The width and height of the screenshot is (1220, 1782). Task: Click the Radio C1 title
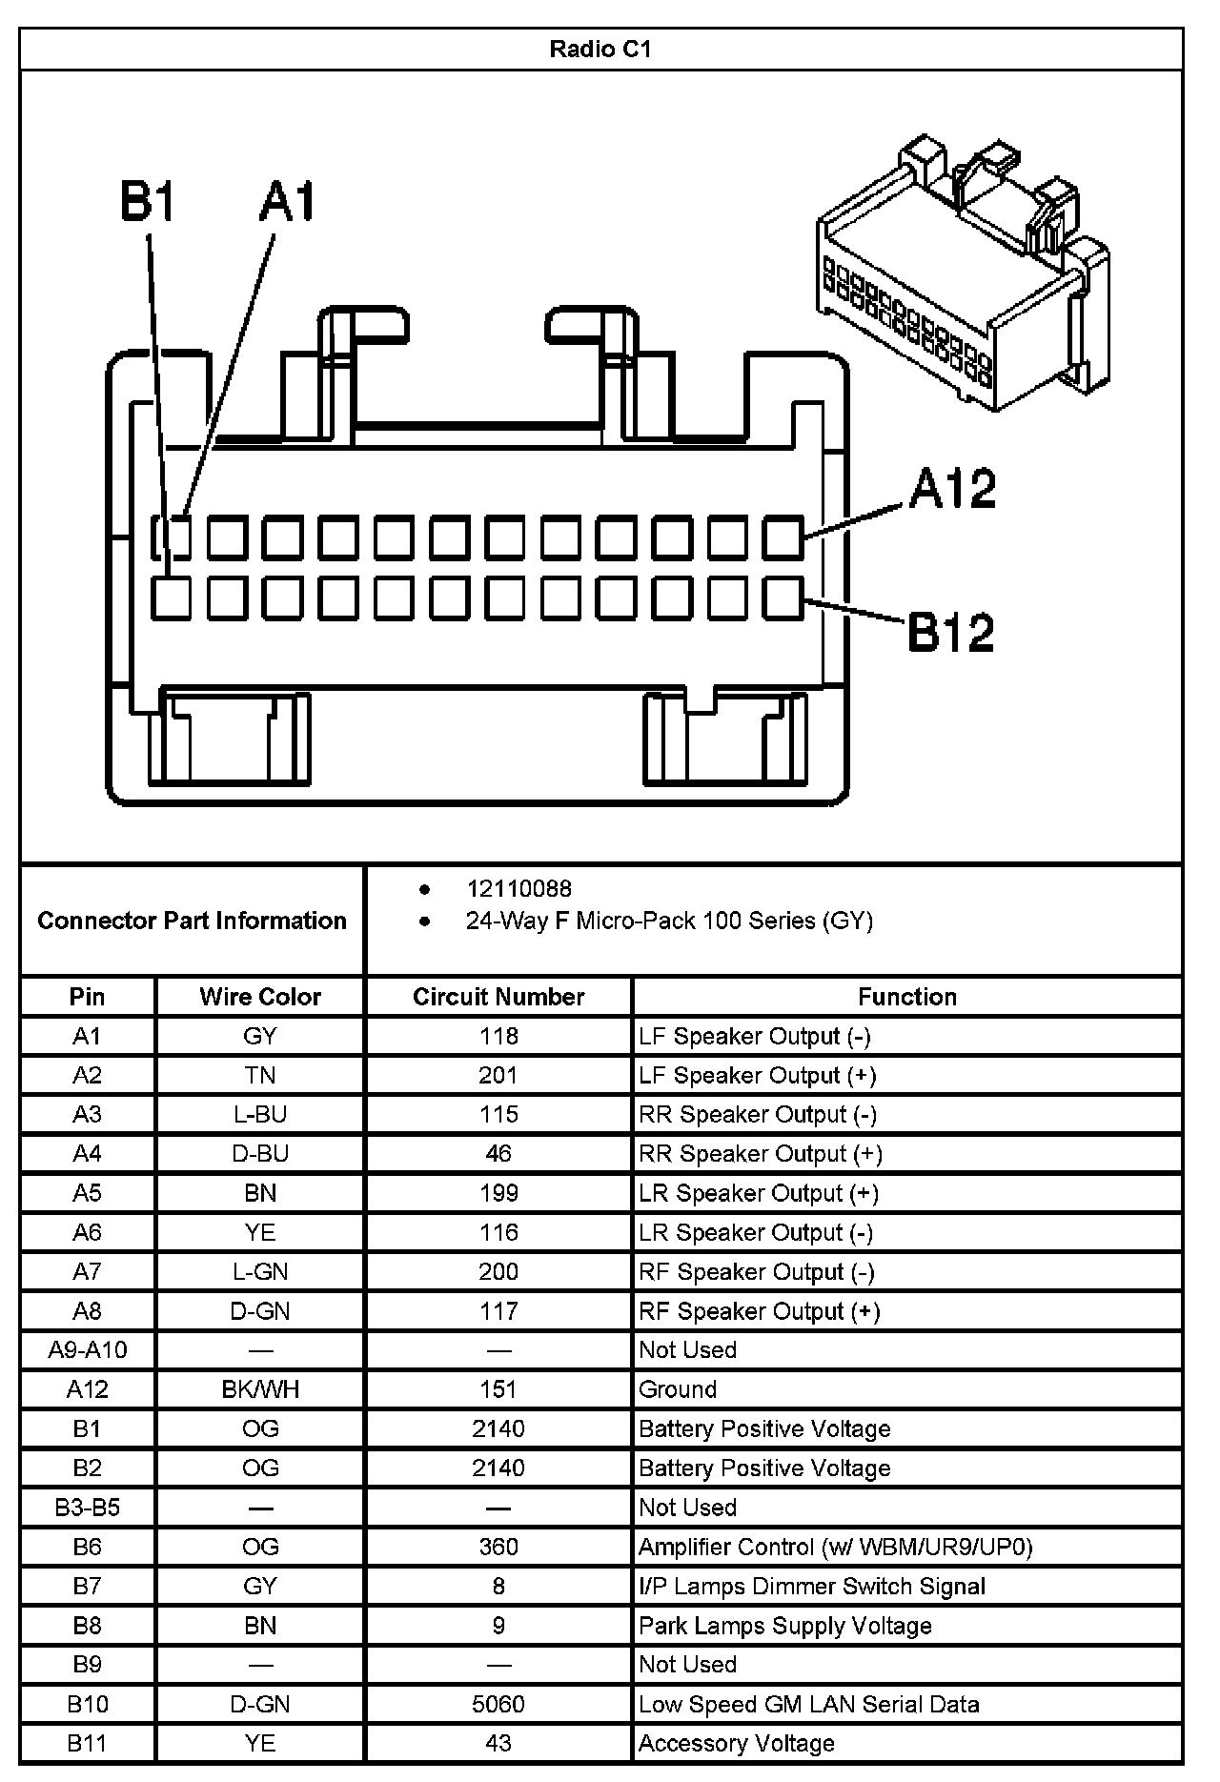point(600,49)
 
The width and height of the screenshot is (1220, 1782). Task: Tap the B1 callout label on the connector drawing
point(148,202)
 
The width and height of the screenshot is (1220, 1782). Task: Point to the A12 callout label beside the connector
point(952,488)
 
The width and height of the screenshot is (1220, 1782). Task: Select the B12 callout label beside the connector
point(951,631)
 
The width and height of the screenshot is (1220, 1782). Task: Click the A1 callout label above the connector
point(287,202)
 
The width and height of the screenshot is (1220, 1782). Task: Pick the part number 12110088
point(518,888)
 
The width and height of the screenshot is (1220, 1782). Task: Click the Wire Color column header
point(259,997)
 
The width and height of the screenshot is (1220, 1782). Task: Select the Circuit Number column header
point(498,997)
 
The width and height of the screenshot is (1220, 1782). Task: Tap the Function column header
point(906,997)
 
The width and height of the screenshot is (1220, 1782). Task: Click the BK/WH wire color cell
point(259,1389)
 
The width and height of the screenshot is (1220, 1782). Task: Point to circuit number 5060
point(498,1704)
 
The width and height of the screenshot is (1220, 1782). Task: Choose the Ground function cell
point(678,1389)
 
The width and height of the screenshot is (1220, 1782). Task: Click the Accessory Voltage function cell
point(736,1743)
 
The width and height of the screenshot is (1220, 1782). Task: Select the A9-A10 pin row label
point(87,1350)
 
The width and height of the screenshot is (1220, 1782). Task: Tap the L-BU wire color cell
point(259,1115)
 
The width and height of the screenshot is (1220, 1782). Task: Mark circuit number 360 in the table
point(498,1547)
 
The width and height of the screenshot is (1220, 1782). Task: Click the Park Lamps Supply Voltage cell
point(784,1626)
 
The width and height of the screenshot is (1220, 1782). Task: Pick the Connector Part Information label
point(192,921)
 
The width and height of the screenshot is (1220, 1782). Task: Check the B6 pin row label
point(87,1547)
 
